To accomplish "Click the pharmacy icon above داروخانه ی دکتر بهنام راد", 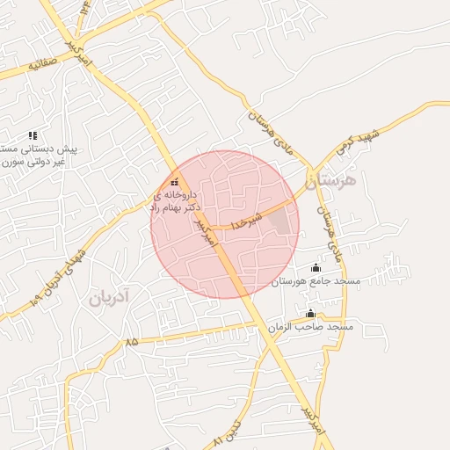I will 173,182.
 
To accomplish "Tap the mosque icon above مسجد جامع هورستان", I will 316,268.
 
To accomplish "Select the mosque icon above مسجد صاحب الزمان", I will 309,314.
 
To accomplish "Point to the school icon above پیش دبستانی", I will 33,135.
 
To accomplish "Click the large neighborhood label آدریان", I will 108,298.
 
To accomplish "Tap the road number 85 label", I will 132,340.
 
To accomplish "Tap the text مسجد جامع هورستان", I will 316,280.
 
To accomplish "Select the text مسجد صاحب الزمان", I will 310,326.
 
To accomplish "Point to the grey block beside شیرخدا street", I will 279,221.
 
